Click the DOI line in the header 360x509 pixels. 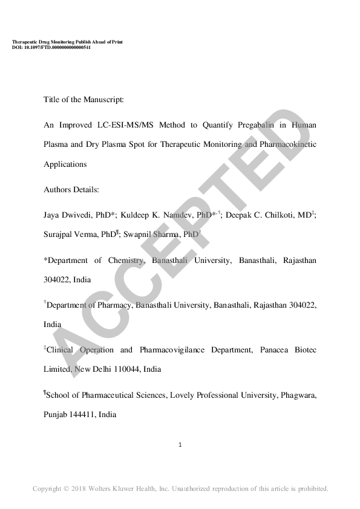point(51,47)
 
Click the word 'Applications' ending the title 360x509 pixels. point(65,164)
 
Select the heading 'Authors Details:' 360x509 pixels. point(71,189)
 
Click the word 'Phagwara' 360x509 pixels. point(296,396)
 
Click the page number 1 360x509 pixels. point(180,446)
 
